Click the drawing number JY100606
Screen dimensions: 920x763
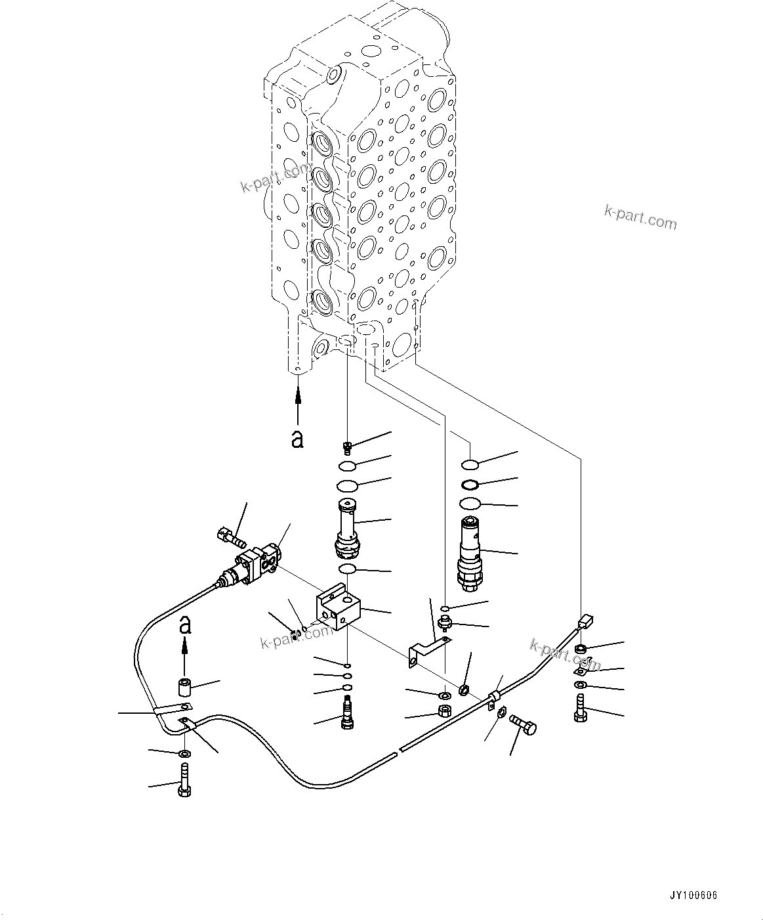[693, 895]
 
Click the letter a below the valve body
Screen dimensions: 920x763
[298, 439]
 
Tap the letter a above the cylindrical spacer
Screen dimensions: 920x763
[186, 624]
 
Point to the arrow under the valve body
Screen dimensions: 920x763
[298, 405]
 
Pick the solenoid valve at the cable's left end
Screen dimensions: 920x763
[253, 566]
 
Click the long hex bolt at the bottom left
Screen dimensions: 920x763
[184, 781]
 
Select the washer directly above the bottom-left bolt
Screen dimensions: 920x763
[184, 753]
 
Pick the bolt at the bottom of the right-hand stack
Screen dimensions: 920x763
[579, 711]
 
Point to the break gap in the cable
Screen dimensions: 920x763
[398, 751]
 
